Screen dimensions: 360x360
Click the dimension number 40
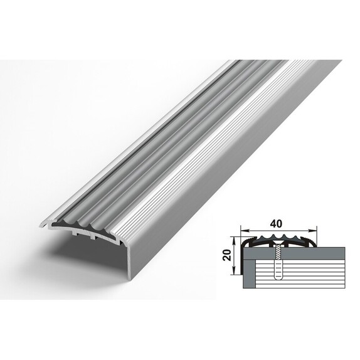click(277, 224)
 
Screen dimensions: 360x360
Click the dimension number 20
click(227, 255)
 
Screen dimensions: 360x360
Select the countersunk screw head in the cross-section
click(278, 242)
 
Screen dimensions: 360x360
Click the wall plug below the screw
click(278, 269)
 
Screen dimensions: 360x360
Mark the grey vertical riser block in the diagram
click(249, 273)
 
